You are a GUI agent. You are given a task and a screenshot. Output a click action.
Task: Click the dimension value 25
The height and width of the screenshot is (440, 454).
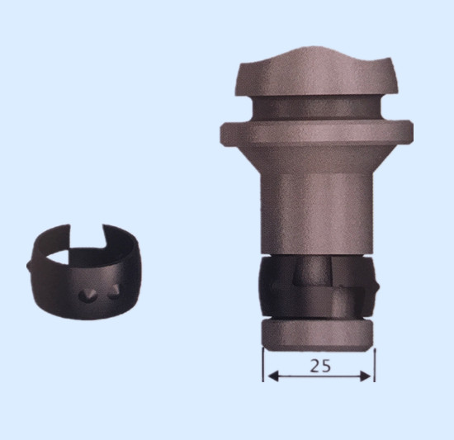tap(320, 366)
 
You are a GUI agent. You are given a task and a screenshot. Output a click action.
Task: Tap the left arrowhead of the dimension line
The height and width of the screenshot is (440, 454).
tap(273, 376)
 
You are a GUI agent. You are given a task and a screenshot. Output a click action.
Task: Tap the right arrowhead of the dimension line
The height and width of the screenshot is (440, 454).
tap(366, 376)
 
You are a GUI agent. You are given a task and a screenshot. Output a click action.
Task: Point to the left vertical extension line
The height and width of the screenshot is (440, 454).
tap(262, 365)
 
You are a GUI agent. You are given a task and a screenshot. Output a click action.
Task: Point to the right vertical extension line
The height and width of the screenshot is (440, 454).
tap(375, 365)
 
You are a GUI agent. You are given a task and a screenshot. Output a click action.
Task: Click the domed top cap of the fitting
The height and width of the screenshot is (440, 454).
tap(317, 73)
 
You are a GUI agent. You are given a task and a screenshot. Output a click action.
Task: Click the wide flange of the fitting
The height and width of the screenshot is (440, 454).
tap(317, 132)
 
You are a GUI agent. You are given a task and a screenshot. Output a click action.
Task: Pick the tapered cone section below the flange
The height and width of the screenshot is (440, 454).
tap(317, 158)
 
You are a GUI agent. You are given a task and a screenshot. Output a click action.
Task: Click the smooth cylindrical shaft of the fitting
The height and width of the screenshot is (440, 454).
tap(317, 214)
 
